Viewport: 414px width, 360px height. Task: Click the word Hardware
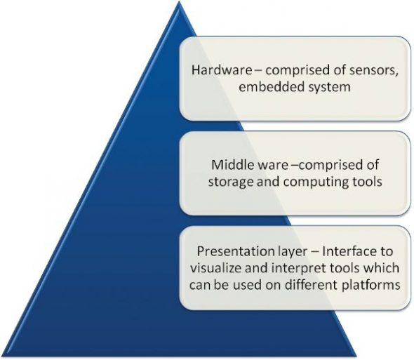(218, 70)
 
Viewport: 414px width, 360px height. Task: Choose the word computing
(311, 182)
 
